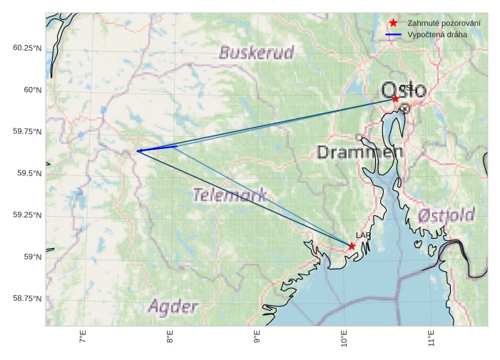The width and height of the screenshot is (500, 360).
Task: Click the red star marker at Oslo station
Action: click(395, 98)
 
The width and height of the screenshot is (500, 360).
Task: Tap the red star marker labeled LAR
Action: click(352, 246)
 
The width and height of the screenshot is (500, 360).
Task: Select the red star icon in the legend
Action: click(393, 23)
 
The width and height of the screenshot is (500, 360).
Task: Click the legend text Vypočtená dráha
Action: click(437, 34)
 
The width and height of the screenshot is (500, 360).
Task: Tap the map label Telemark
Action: click(230, 194)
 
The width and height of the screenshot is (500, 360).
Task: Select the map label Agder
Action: click(173, 307)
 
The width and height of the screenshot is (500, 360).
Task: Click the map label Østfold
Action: click(446, 215)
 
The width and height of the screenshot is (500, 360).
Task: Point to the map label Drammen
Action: click(359, 152)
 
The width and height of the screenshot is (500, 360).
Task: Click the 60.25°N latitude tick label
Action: click(27, 48)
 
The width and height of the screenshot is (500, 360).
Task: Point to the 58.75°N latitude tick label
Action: click(27, 299)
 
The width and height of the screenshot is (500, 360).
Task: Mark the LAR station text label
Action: click(363, 235)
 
